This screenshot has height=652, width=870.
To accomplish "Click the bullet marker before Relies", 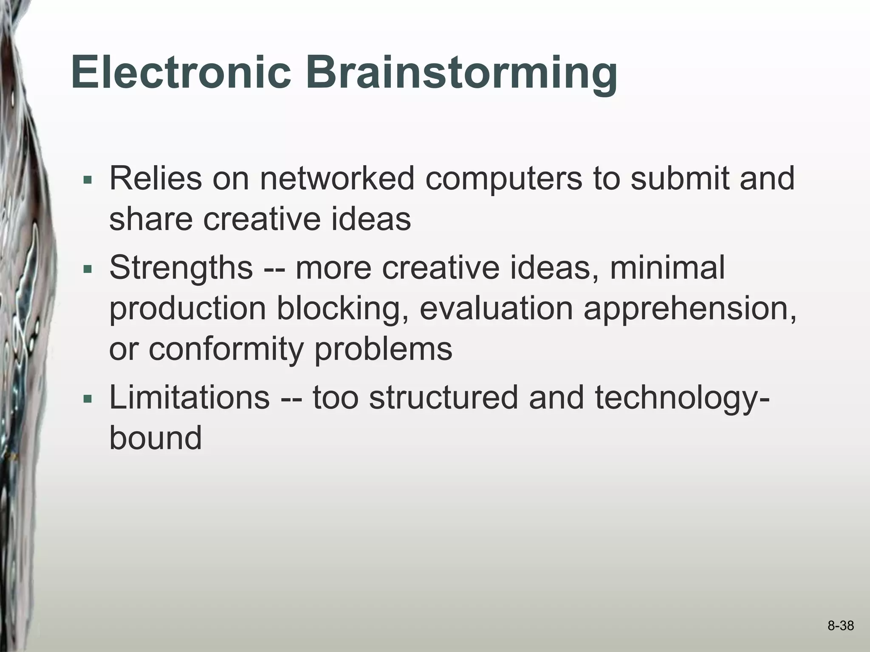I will tap(88, 180).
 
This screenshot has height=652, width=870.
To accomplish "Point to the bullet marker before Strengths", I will tap(88, 269).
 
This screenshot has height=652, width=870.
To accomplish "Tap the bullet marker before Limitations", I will tap(88, 399).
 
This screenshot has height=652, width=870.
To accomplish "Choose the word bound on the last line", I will tap(155, 438).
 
